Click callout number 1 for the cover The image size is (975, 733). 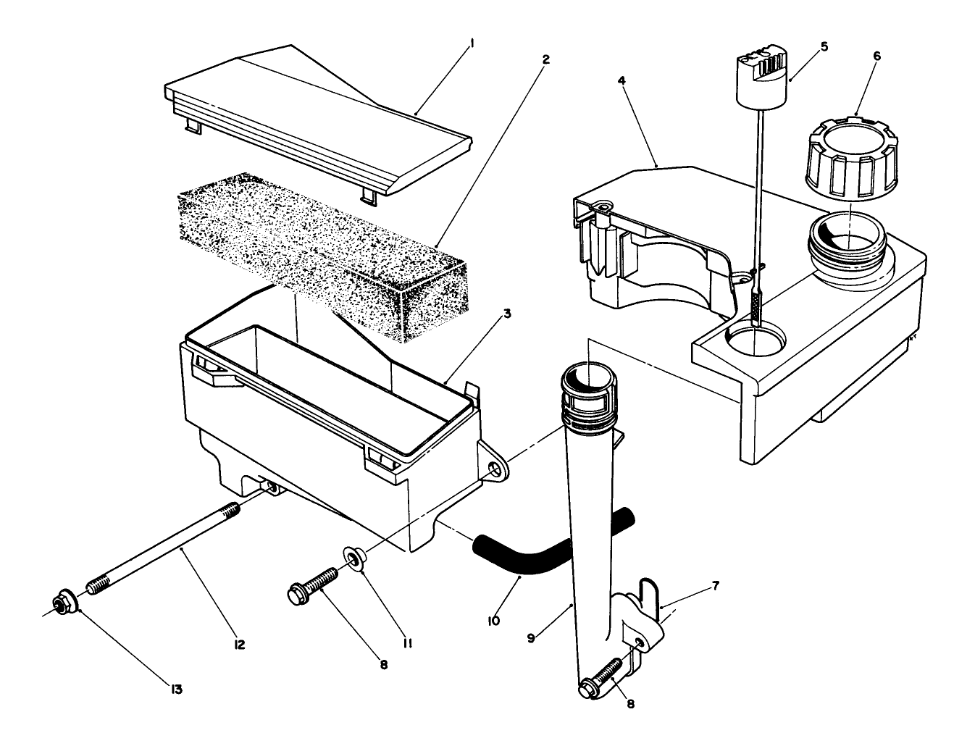472,43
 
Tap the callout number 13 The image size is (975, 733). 177,689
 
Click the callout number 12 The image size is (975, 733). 240,644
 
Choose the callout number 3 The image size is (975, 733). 507,314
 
